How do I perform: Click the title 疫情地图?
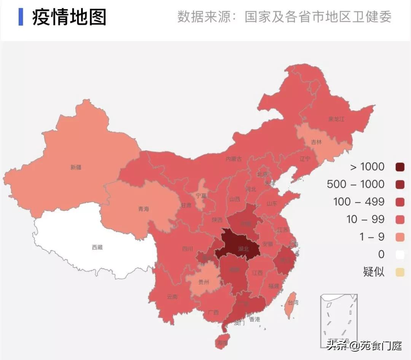click(x=69, y=17)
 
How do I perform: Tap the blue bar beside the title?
click(x=21, y=17)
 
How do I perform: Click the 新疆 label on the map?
click(x=76, y=167)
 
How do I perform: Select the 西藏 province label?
click(x=97, y=247)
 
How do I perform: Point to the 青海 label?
click(x=143, y=209)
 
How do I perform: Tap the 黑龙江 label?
click(x=336, y=119)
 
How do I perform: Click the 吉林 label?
click(x=316, y=142)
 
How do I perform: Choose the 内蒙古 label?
click(x=234, y=159)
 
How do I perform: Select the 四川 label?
click(x=187, y=249)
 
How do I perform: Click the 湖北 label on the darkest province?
click(x=243, y=249)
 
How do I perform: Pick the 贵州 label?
click(x=204, y=282)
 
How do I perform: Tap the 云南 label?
click(x=172, y=296)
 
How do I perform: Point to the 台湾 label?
click(x=293, y=303)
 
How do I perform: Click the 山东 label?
click(x=272, y=204)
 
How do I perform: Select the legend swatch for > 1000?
click(x=400, y=167)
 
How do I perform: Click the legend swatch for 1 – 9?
click(x=400, y=237)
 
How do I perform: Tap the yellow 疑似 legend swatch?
click(x=400, y=272)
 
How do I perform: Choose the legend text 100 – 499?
click(x=359, y=202)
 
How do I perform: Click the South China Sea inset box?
click(x=339, y=320)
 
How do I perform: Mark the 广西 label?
click(x=213, y=312)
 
